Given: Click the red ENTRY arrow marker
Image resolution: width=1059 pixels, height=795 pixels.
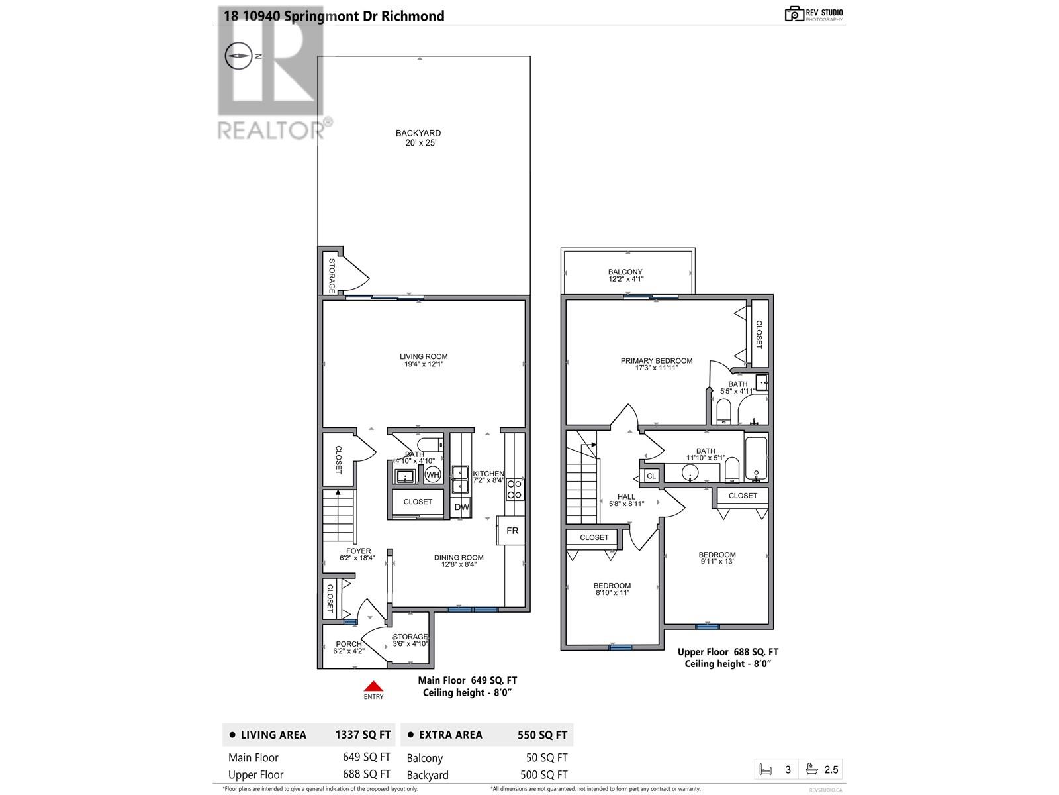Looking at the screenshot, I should point(373,686).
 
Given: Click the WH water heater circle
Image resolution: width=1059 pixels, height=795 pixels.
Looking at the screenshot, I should point(432,474).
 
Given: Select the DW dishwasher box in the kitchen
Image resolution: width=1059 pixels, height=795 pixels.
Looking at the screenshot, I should point(461,507).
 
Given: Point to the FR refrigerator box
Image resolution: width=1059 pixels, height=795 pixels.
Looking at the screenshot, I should point(512,531).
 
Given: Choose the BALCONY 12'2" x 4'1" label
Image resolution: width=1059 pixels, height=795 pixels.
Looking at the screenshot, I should point(625,276).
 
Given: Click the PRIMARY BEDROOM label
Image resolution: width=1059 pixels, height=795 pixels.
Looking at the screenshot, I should point(656,364).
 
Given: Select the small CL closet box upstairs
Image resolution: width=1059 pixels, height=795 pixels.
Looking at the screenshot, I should point(651,476).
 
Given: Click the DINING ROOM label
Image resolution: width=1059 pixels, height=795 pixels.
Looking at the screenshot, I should point(459,561).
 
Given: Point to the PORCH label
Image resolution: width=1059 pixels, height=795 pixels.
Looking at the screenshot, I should point(349,647).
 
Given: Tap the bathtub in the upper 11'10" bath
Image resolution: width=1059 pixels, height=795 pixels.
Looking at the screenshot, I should point(756,458).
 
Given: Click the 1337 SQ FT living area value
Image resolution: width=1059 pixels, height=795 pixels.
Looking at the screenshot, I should point(363,735).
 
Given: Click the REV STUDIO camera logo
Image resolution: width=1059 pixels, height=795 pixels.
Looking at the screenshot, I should point(794,14).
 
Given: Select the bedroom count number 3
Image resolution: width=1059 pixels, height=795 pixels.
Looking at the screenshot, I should point(788,770).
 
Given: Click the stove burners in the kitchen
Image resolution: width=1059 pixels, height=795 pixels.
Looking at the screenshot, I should point(515,490).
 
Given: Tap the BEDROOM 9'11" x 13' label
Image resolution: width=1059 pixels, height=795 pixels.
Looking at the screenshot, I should point(717,558).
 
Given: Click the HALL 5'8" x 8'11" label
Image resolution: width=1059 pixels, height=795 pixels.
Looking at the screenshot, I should point(626,500).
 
